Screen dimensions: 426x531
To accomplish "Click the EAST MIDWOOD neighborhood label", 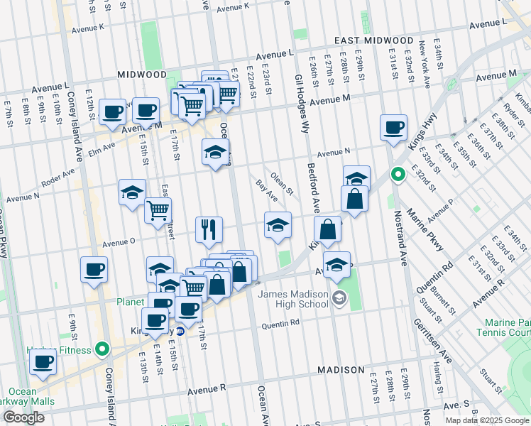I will pos(375,40).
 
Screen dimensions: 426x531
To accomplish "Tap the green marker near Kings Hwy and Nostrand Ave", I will pos(398,173).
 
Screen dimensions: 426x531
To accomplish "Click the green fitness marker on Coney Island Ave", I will pos(103,349).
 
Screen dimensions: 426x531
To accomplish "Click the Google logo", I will pos(23,417).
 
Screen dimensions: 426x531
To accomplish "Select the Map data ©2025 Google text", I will pos(487,420).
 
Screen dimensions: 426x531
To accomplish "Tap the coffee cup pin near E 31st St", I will pos(393,129).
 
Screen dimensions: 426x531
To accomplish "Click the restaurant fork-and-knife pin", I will pos(209,229).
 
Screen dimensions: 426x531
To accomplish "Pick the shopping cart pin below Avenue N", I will pos(157,209).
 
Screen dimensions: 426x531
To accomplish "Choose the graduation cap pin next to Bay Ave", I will pos(278,225).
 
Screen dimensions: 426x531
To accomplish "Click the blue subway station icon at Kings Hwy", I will pos(180,332).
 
